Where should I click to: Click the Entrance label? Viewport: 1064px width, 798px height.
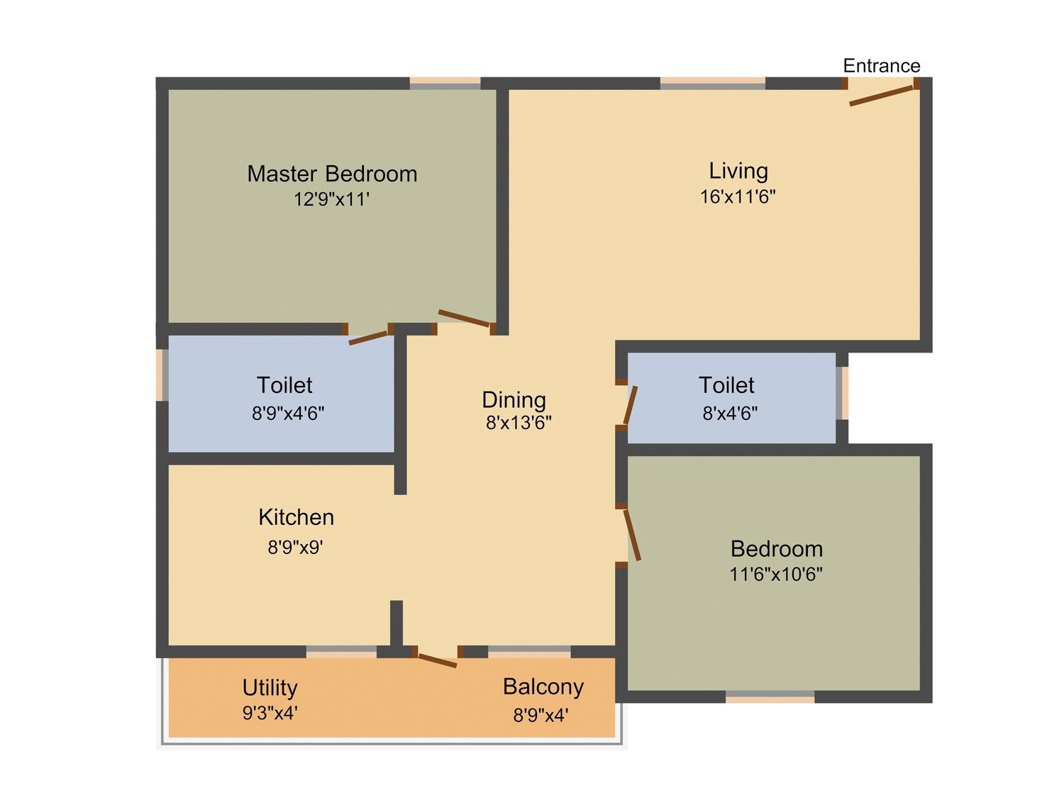tap(881, 65)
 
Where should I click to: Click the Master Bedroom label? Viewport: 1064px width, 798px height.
tap(332, 174)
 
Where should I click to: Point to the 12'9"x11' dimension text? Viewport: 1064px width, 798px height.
tap(331, 199)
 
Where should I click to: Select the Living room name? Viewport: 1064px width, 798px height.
tap(738, 171)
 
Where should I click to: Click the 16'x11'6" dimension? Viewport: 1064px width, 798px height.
tap(737, 196)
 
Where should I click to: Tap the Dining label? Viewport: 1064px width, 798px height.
tap(514, 400)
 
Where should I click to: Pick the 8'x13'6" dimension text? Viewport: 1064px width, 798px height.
tap(519, 423)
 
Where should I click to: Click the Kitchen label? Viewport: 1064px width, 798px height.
tap(297, 518)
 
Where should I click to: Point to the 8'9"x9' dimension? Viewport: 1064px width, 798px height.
tap(295, 548)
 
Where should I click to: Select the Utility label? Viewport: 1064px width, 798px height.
tap(270, 688)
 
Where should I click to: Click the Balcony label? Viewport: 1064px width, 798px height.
tap(543, 687)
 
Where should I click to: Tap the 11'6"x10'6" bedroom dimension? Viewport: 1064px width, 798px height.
tap(775, 574)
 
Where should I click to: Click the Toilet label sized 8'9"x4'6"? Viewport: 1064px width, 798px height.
tap(284, 386)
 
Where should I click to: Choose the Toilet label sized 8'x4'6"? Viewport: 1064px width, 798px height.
tap(726, 386)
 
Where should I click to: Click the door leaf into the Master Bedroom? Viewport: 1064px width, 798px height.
tap(465, 318)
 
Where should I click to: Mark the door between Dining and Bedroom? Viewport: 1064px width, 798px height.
tap(631, 535)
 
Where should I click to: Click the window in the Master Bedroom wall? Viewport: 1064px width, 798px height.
tap(445, 83)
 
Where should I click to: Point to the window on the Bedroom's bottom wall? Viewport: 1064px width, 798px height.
tap(770, 697)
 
